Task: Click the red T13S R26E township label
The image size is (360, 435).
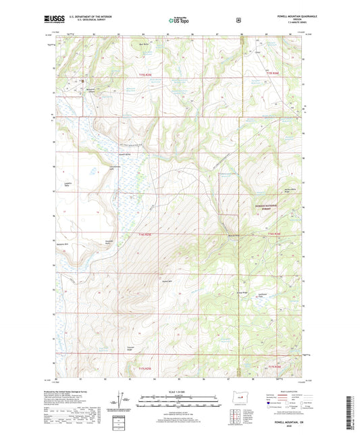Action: pos(272,72)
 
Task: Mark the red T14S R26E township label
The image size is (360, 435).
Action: pos(272,234)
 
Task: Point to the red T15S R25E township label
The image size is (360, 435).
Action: pos(147,368)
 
